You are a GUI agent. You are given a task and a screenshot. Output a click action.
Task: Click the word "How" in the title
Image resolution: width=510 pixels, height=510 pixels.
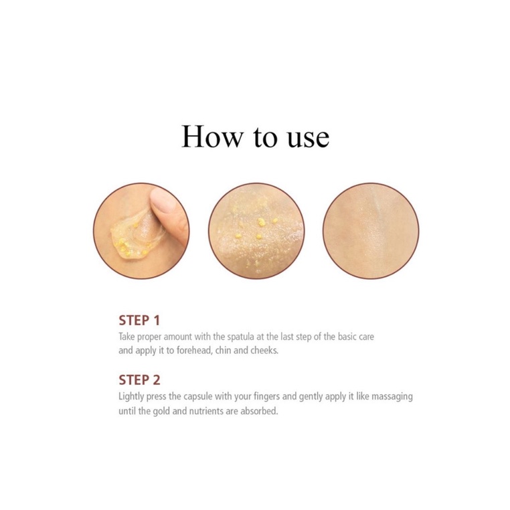[212, 137]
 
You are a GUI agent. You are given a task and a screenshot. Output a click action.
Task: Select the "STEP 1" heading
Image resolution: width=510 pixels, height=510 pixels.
[139, 321]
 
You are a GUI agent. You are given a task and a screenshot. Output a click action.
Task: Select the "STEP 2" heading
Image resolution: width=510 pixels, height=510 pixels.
[139, 380]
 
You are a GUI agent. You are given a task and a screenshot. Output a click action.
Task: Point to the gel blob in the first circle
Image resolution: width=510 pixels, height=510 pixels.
[137, 232]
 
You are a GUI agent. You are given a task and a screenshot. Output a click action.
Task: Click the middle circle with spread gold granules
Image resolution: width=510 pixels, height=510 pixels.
[256, 231]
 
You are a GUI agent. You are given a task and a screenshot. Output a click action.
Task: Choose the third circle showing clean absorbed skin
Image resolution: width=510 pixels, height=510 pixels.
[371, 231]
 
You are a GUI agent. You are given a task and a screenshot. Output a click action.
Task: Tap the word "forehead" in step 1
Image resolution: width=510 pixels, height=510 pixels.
[195, 350]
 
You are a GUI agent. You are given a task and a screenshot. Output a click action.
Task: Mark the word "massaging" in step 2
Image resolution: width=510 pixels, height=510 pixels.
[392, 397]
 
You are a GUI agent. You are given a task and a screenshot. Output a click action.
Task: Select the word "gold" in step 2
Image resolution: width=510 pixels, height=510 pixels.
[161, 411]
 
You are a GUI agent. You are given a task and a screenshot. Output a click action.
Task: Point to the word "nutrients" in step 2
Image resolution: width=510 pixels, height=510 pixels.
[206, 411]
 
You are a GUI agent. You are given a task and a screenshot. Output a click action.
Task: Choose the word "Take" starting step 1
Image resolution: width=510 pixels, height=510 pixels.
[126, 336]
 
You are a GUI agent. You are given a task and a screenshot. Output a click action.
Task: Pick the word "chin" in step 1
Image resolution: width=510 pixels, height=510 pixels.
[223, 350]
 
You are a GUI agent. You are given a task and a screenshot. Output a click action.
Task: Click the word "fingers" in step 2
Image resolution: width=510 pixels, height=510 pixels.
[266, 397]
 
